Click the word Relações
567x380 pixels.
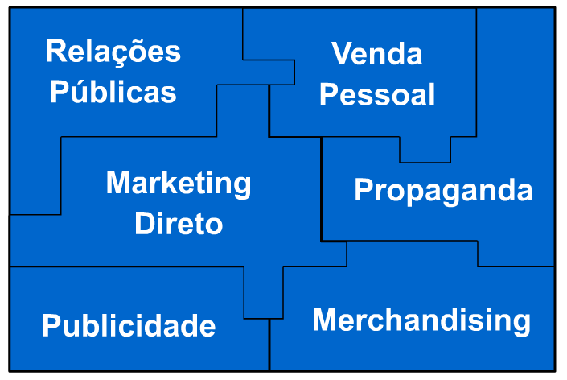click(x=113, y=52)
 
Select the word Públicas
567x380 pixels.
click(x=113, y=92)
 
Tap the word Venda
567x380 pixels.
click(x=377, y=55)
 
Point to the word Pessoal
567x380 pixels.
click(x=377, y=94)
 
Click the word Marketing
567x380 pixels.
click(x=179, y=184)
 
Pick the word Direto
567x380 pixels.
click(x=179, y=223)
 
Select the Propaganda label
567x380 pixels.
click(x=443, y=191)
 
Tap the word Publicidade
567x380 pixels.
click(x=129, y=326)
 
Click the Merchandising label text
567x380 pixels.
click(x=421, y=320)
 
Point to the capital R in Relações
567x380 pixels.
click(x=55, y=52)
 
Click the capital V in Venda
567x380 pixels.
click(x=342, y=55)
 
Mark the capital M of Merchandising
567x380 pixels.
click(x=323, y=320)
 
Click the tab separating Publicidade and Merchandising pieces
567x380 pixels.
click(x=263, y=295)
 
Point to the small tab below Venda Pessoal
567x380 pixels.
click(x=425, y=150)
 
